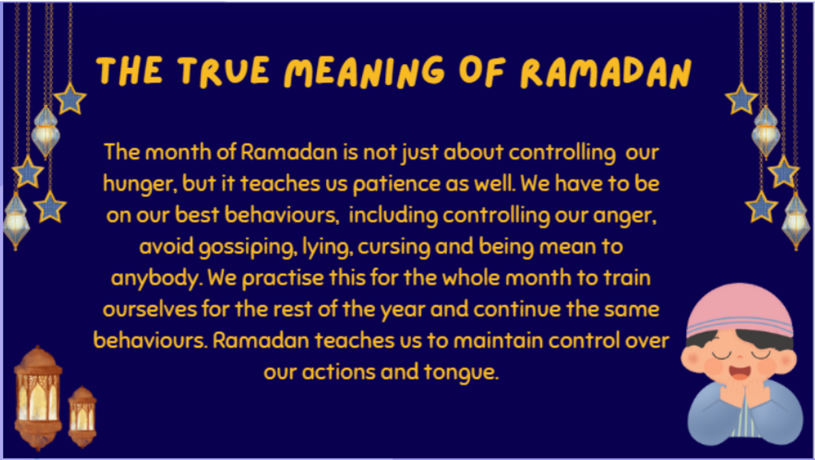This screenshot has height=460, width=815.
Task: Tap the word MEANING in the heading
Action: (364, 72)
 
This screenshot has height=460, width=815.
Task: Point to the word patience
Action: (397, 184)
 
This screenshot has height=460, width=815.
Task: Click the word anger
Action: (625, 216)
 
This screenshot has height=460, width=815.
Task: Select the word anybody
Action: (156, 279)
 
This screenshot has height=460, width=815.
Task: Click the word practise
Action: (283, 279)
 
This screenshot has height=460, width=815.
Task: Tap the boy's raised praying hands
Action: (746, 394)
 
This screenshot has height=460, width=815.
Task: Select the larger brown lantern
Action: (38, 398)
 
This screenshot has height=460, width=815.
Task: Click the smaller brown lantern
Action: (82, 417)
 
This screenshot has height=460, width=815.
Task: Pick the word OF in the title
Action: (482, 71)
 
